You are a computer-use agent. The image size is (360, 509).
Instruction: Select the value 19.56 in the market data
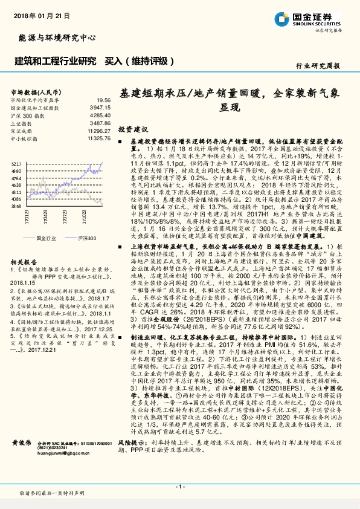103,100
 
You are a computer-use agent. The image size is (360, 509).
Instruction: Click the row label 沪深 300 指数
27,115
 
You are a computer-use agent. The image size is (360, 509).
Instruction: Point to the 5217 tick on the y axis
16,163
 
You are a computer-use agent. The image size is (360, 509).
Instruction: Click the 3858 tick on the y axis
16,206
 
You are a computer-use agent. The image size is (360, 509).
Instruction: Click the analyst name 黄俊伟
22,459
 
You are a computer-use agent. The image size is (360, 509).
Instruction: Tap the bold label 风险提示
132,460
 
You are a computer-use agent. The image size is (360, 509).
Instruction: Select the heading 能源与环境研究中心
54,37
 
